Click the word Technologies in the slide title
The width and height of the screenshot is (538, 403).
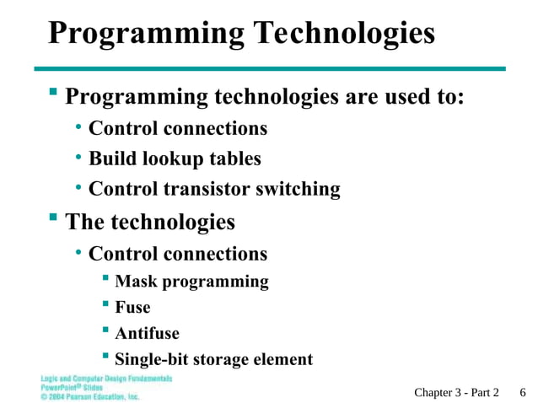point(345,33)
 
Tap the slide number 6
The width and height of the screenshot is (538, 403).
point(523,392)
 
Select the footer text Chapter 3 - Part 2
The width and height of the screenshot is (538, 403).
point(456,392)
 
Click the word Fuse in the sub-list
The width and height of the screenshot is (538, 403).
point(132,308)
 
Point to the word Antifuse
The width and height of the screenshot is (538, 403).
point(147,333)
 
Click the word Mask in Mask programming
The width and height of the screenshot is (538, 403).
point(136,282)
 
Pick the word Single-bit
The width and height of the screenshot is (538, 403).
point(152,359)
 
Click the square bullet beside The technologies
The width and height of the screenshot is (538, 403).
point(53,220)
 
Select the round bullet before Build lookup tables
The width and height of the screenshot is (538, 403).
point(78,158)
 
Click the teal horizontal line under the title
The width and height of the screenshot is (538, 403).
point(269,68)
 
